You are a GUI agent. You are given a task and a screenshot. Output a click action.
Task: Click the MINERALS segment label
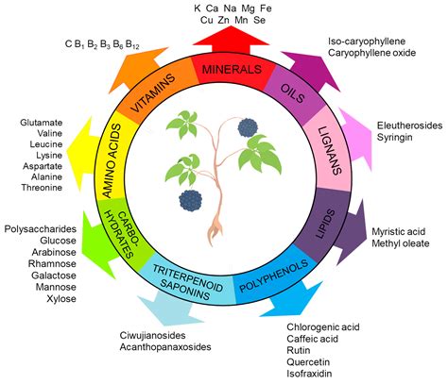pos(223,69)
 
